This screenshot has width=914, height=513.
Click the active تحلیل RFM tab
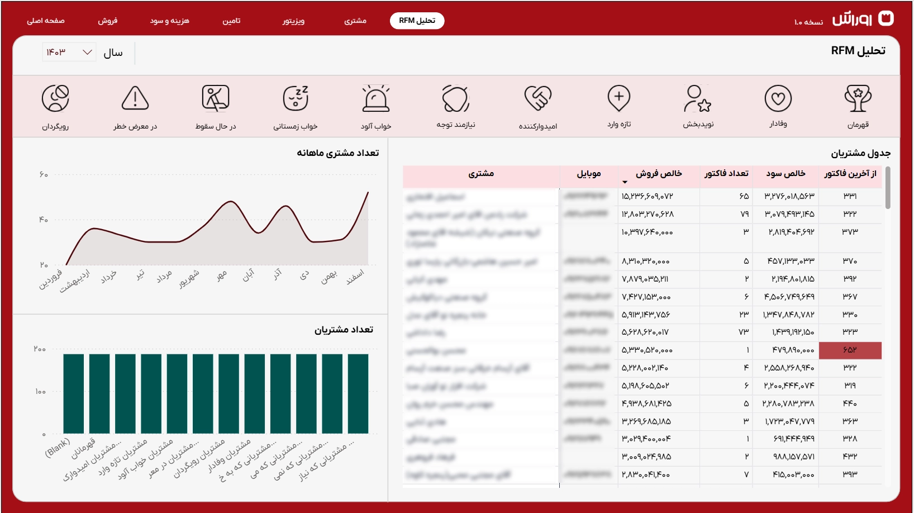click(x=417, y=21)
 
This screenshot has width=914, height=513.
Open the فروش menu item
click(x=107, y=21)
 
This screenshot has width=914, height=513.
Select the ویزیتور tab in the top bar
click(x=293, y=21)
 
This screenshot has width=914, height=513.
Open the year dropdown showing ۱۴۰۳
click(x=69, y=52)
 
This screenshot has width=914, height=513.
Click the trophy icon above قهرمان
click(x=858, y=99)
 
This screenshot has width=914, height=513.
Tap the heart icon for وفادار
click(x=778, y=99)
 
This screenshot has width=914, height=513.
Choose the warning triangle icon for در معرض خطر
click(x=135, y=99)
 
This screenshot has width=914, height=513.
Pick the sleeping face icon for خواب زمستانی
click(x=296, y=99)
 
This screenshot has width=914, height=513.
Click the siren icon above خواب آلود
click(x=376, y=99)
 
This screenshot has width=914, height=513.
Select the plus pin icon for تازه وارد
click(x=619, y=99)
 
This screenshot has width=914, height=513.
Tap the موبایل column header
click(x=589, y=174)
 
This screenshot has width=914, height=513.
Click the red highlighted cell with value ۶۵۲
click(x=850, y=350)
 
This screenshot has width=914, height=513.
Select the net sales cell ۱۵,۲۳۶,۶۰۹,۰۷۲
click(x=647, y=197)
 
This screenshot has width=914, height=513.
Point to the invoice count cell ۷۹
click(x=744, y=214)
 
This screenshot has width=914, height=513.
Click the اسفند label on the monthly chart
click(x=355, y=277)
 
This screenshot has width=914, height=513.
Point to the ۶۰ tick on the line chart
click(x=44, y=175)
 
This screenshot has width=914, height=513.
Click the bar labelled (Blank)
click(x=73, y=393)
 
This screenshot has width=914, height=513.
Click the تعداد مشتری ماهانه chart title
click(x=337, y=153)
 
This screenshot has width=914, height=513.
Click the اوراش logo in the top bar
click(x=863, y=19)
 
